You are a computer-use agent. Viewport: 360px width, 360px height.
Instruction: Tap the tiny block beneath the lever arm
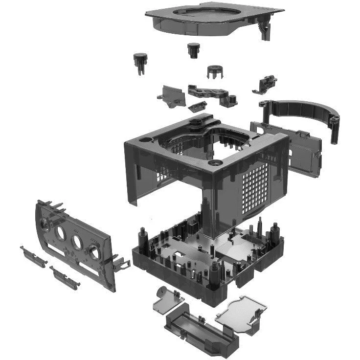pos(197,106)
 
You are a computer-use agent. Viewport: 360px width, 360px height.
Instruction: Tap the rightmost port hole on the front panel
pos(93,252)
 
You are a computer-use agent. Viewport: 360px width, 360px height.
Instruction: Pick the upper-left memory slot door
pos(33,256)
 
